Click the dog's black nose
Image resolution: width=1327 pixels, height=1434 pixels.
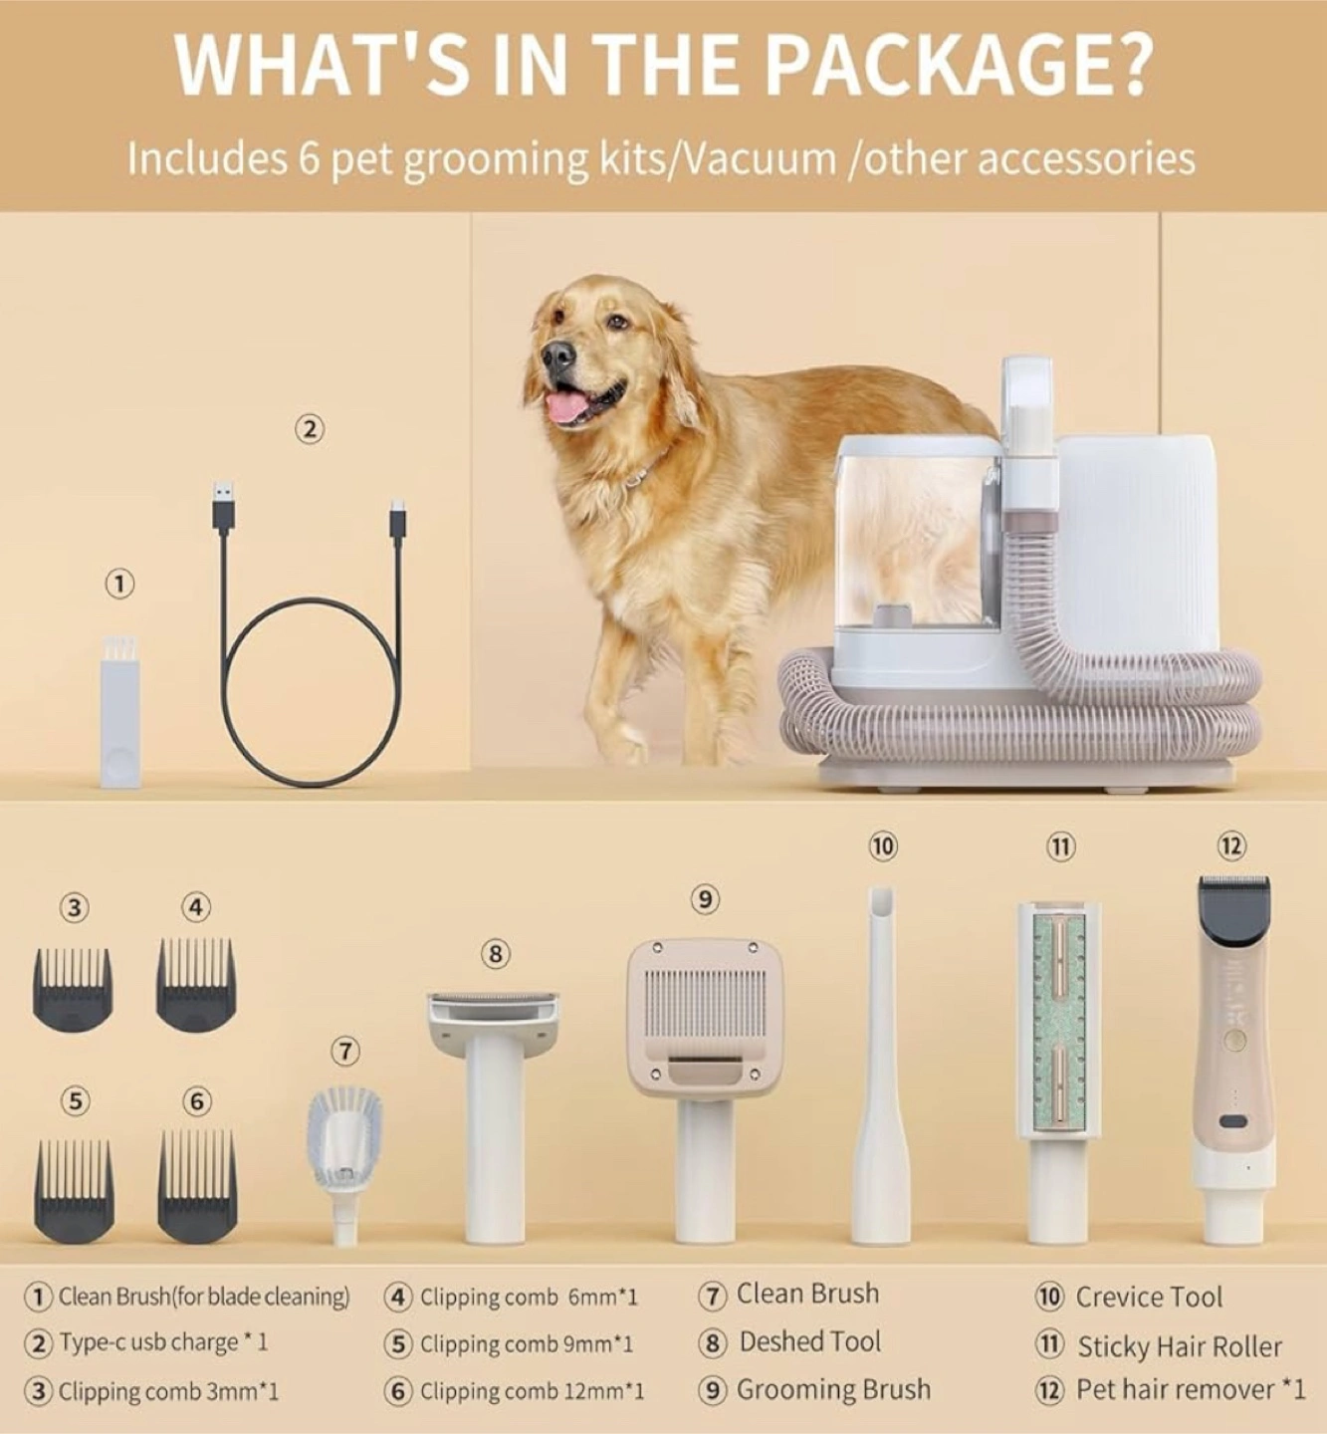(558, 354)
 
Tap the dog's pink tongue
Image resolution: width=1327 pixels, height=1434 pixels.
(565, 408)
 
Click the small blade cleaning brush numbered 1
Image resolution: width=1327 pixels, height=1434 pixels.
(120, 711)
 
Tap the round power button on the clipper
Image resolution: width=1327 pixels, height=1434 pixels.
(1233, 1041)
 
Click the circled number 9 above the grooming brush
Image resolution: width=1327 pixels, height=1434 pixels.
(706, 899)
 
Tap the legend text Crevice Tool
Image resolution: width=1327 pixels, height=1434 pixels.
(1149, 1298)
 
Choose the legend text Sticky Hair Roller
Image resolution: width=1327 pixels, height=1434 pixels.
(1180, 1346)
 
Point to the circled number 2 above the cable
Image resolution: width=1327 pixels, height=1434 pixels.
(309, 430)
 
